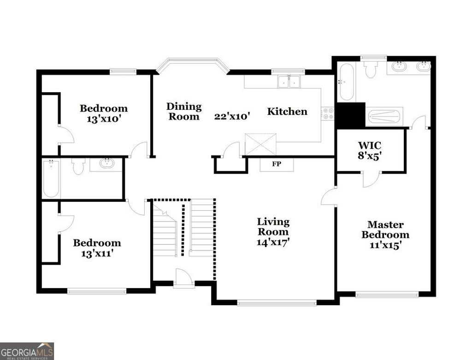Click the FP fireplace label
pos(277,164)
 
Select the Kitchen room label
pos(287,112)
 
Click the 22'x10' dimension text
pos(232,116)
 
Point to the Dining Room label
pos(184,112)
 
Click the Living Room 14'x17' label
pos(273,232)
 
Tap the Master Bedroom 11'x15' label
pos(385,235)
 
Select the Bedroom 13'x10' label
pos(104,113)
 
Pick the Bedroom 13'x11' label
pos(97,248)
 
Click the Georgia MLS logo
pos(27,351)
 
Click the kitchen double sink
pos(289,82)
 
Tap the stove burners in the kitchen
pos(328,113)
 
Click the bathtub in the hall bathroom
pos(51,178)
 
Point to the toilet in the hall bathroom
pos(78,166)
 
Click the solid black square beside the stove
pos(350,116)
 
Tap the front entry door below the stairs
pos(183,280)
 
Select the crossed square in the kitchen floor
pos(260,144)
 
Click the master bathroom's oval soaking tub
pos(347,82)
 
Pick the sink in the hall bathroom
pos(107,163)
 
